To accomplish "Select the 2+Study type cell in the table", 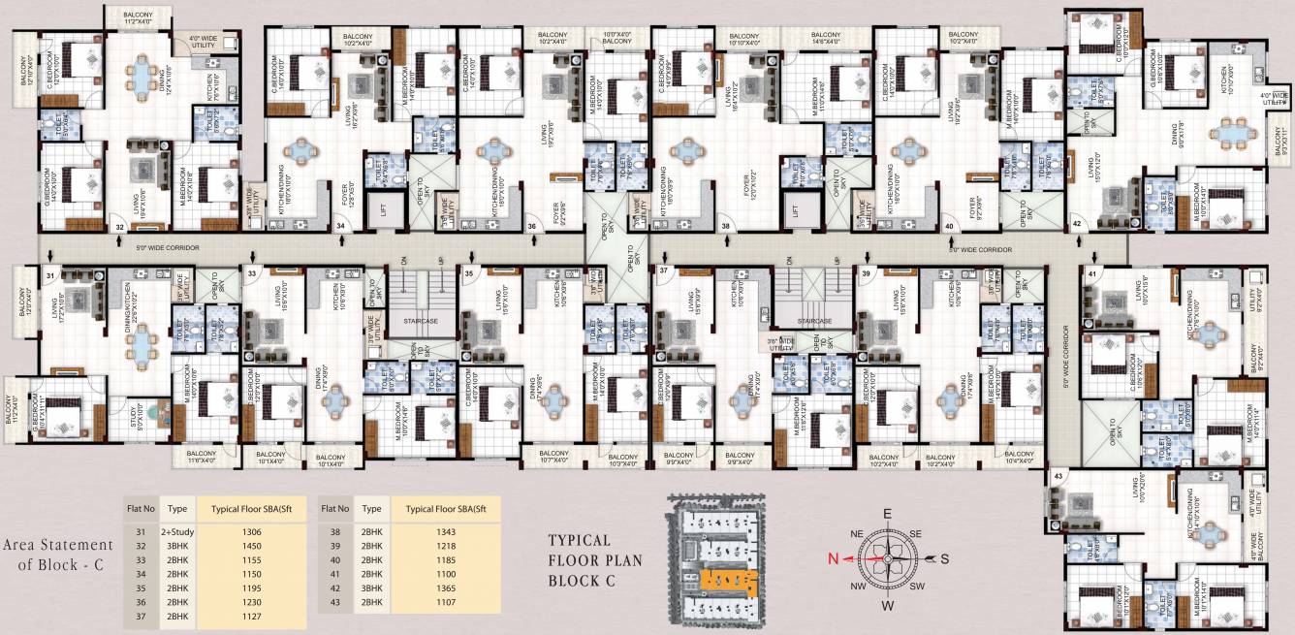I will point(176,531).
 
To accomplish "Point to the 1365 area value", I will point(445,587).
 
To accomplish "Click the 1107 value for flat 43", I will point(445,601).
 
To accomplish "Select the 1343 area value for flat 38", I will point(445,531).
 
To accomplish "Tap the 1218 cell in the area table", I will point(445,546).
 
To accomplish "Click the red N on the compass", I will point(832,558).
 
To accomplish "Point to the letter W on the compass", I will point(886,607).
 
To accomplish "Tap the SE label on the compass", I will point(917,533).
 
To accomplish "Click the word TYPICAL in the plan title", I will point(579,540).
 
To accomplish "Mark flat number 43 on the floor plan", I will point(1058,476).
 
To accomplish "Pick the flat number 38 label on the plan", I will point(726,226).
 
